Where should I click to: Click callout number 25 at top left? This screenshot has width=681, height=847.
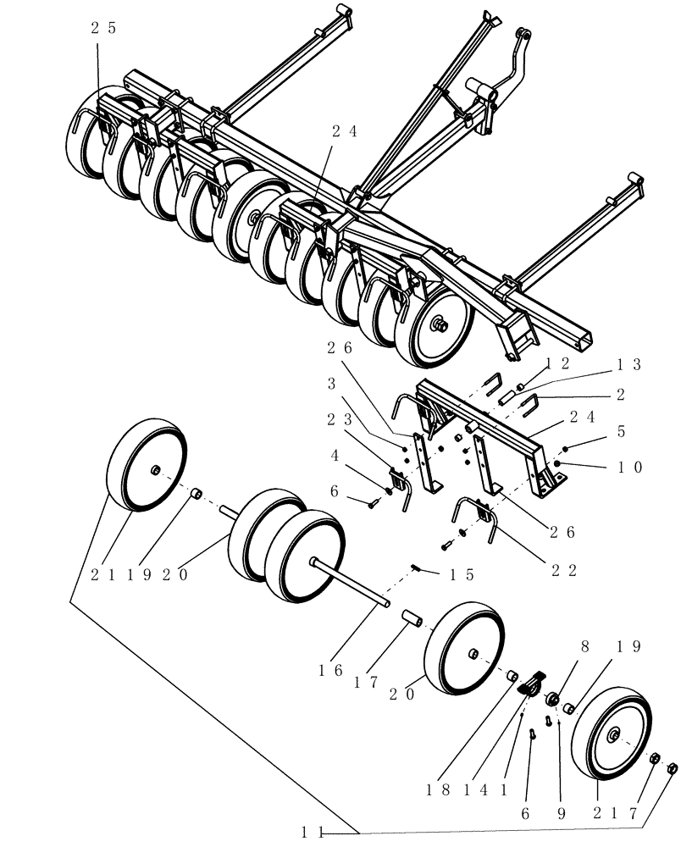(103, 28)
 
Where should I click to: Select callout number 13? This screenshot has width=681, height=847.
(629, 365)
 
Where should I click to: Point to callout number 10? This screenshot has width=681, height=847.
(631, 467)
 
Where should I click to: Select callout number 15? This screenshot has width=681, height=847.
(462, 574)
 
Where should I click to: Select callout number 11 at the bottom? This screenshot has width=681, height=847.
(312, 832)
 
